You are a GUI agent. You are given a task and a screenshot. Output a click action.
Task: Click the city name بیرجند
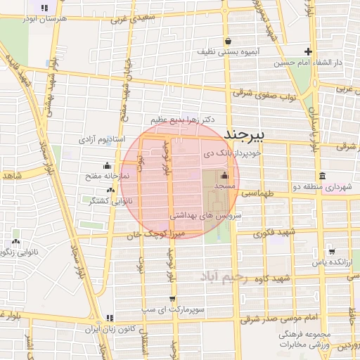click(243, 134)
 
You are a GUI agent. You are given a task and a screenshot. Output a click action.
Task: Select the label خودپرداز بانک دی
click(233, 152)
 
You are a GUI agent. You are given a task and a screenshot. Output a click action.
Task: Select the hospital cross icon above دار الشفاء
click(308, 51)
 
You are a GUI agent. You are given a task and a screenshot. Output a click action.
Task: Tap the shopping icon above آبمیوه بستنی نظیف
click(228, 41)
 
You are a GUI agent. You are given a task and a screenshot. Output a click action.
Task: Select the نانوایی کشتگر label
click(103, 200)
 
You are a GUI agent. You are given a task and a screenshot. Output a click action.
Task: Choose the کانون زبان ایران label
click(119, 328)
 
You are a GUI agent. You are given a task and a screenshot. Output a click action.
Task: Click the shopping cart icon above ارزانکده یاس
click(331, 251)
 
